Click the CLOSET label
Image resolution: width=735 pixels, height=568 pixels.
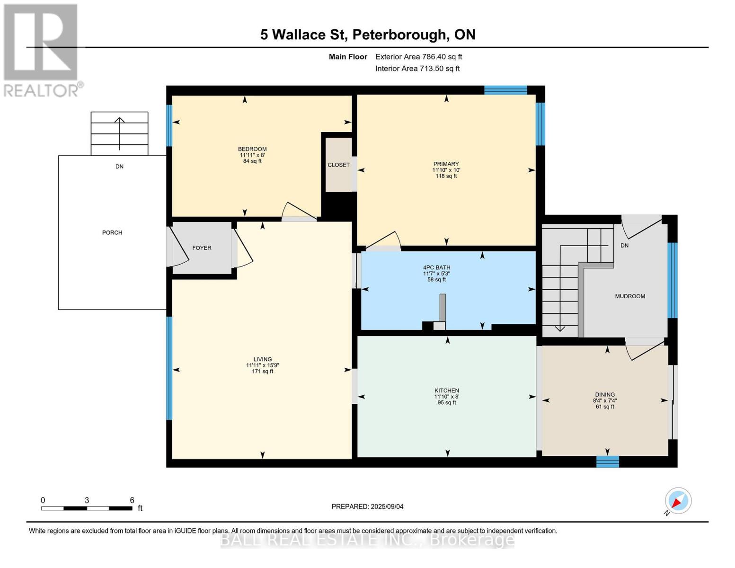[x=338, y=165]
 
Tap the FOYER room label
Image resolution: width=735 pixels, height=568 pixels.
[x=202, y=248]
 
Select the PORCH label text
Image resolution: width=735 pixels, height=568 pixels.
[x=112, y=232]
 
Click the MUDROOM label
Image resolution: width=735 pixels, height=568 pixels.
[x=630, y=296]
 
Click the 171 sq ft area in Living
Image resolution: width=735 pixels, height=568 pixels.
[x=262, y=372]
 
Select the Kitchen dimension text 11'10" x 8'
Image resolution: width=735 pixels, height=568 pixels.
[x=447, y=397]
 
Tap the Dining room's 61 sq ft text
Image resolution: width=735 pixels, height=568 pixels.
[x=605, y=407]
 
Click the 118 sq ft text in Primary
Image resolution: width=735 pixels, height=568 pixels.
[x=446, y=176]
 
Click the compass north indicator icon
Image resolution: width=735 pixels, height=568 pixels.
[x=678, y=501]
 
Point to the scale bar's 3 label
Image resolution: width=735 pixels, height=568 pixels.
[x=87, y=500]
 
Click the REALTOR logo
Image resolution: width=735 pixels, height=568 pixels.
[x=42, y=50]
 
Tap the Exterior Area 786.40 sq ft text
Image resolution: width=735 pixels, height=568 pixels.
[x=418, y=57]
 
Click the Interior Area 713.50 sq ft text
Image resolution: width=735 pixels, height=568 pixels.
[x=417, y=69]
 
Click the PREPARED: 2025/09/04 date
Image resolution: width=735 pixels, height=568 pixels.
[x=367, y=506]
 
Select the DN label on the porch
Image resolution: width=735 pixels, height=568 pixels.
[x=119, y=167]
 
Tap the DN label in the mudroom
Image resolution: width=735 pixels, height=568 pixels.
[x=624, y=245]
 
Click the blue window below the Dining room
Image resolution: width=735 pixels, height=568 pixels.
[x=607, y=461]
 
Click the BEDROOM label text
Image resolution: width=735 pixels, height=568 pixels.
[x=252, y=149]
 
